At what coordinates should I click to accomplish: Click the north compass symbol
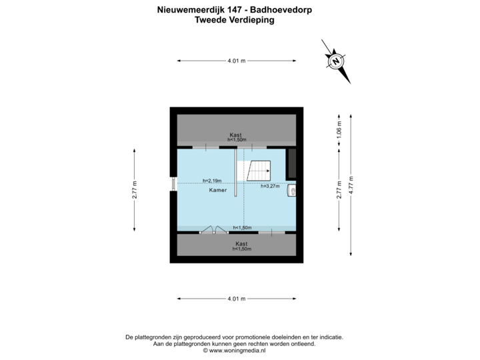tap(337, 61)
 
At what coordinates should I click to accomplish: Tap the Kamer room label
tap(217, 190)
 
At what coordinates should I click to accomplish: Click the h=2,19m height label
tap(211, 180)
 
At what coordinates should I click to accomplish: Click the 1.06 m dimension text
tap(339, 130)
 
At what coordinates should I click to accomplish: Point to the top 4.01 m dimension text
tap(237, 61)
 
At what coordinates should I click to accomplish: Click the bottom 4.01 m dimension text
tap(237, 299)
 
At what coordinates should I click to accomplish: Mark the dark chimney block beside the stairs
tap(292, 162)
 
